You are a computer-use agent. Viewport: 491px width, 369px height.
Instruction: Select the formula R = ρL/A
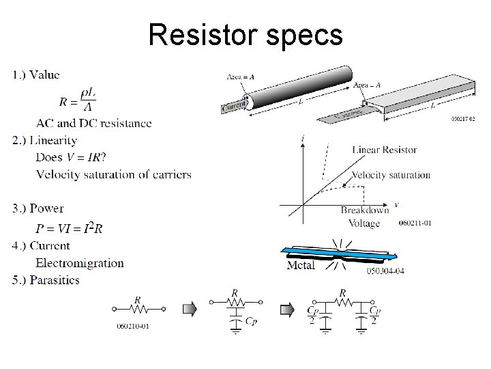click(x=77, y=101)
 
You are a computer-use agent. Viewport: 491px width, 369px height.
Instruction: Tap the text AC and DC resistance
click(x=94, y=124)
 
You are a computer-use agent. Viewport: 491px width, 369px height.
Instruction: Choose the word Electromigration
click(x=80, y=262)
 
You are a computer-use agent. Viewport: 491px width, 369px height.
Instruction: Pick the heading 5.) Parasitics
click(x=55, y=279)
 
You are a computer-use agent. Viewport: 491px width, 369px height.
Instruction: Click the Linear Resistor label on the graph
click(x=385, y=150)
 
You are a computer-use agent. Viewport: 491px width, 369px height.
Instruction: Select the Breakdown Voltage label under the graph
click(x=366, y=217)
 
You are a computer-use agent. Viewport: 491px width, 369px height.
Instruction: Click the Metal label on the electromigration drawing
click(x=301, y=265)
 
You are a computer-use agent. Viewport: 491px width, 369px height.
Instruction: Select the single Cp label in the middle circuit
click(x=251, y=318)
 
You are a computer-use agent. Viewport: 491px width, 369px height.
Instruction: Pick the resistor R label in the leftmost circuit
click(x=138, y=299)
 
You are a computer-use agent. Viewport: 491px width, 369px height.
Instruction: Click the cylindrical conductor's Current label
click(x=233, y=107)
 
